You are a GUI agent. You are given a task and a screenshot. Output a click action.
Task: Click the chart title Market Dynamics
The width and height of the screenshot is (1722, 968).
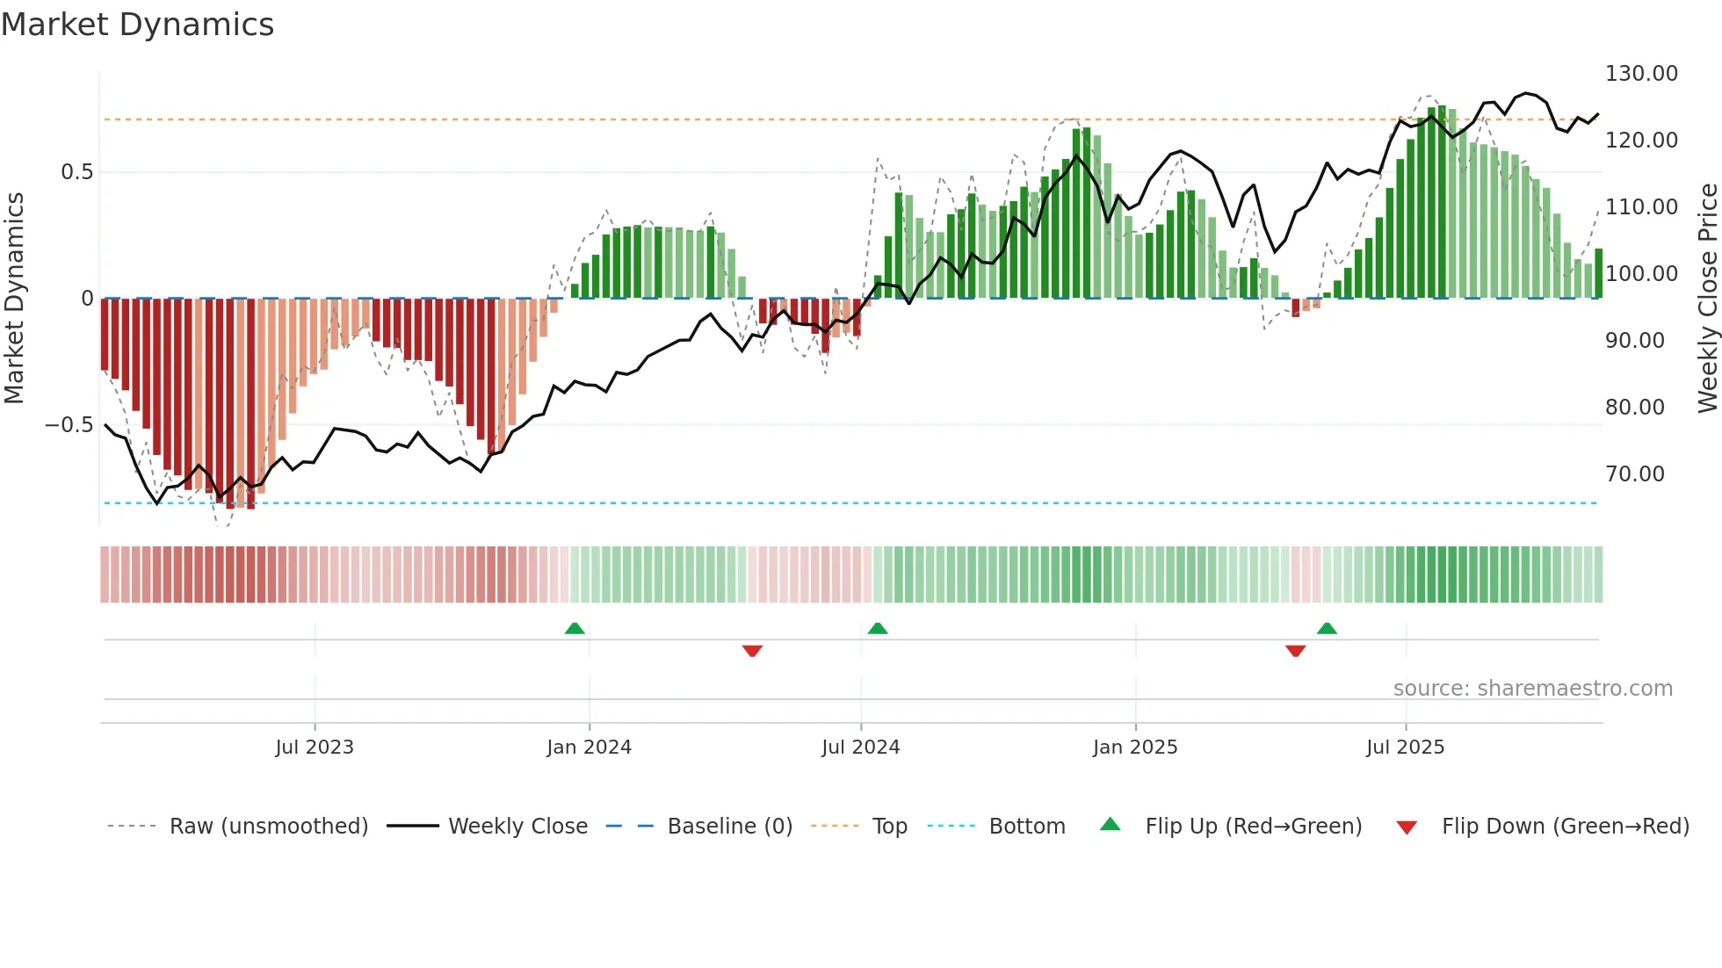[x=138, y=25]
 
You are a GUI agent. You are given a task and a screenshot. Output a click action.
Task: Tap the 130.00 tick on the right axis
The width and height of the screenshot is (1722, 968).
[x=1641, y=74]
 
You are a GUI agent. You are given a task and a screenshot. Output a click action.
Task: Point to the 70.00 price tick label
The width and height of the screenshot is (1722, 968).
[x=1635, y=474]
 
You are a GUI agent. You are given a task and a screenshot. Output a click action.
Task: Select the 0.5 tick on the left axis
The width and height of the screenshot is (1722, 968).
[x=76, y=172]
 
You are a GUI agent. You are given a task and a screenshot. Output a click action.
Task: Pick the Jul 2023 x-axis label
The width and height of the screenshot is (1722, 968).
[x=315, y=748]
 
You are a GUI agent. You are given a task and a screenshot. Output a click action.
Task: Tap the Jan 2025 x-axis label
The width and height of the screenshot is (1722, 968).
[x=1135, y=748]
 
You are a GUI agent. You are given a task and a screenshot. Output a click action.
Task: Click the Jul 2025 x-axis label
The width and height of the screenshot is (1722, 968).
[x=1405, y=748]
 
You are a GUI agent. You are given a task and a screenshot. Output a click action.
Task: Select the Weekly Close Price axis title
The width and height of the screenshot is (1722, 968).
[x=1707, y=299]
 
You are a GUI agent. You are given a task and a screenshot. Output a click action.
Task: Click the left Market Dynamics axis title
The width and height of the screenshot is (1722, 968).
[x=14, y=299]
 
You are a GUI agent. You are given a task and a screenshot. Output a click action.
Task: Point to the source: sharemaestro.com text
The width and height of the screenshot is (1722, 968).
[x=1532, y=689]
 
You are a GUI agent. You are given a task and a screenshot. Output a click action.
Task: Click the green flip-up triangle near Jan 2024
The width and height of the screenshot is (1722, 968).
[x=575, y=628]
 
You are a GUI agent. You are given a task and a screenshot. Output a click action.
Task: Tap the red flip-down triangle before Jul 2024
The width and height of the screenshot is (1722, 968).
[x=752, y=651]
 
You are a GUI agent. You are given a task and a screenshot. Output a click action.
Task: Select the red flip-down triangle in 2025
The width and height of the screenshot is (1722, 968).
[x=1295, y=651]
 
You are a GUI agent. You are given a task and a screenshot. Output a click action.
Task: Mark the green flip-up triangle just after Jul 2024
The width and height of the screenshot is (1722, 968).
[x=878, y=628]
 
